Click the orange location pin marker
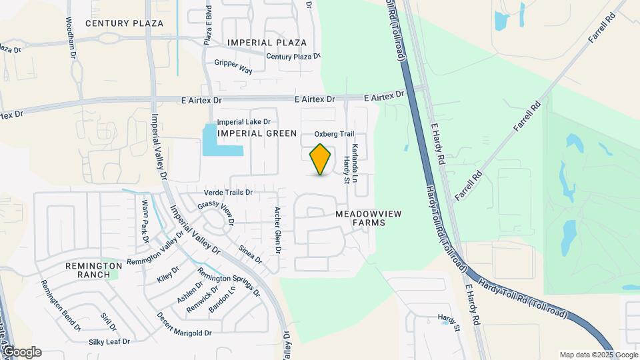[x=321, y=159]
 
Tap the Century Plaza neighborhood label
[x=125, y=23]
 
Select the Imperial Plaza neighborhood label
[x=267, y=43]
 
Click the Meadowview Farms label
[x=360, y=218]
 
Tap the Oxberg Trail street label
[x=334, y=134]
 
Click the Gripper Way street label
[x=233, y=66]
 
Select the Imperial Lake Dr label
[x=243, y=122]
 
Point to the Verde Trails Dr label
[x=229, y=192]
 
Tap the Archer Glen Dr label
[x=278, y=230]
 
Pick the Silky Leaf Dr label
[x=109, y=341]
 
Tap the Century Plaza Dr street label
[x=294, y=57]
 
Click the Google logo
[x=21, y=352]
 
